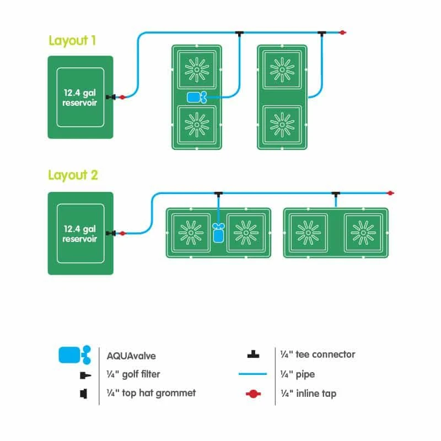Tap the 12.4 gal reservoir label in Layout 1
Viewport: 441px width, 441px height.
[x=80, y=97]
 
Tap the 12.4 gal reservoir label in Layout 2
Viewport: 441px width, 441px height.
[x=80, y=233]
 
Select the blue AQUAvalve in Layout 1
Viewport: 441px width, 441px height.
[x=196, y=98]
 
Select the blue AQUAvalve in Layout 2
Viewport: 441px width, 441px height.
[x=218, y=232]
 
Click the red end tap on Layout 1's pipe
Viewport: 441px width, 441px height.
[x=342, y=33]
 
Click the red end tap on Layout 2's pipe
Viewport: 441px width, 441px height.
[x=390, y=193]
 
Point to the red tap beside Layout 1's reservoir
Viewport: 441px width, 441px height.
[x=122, y=98]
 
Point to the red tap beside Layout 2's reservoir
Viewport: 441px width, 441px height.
[x=122, y=234]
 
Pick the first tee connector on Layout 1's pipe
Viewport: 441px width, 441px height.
[x=239, y=34]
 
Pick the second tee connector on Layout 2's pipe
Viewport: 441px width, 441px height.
[x=335, y=194]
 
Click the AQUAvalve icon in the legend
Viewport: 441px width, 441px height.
[x=74, y=354]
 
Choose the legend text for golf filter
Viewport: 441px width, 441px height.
[x=134, y=374]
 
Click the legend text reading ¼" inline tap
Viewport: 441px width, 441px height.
[x=309, y=394]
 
